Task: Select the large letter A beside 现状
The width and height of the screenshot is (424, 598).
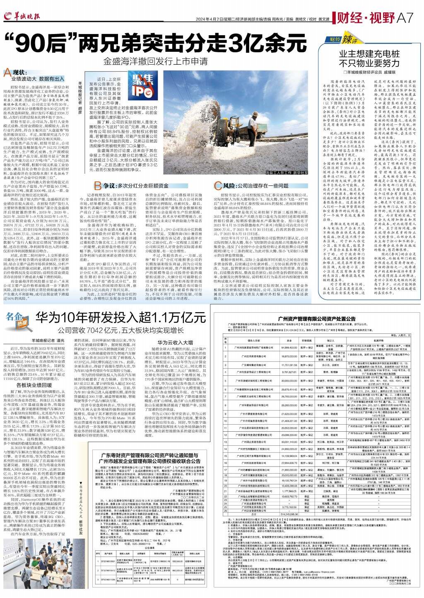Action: (x=7, y=74)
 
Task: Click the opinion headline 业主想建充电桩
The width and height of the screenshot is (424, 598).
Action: (x=369, y=54)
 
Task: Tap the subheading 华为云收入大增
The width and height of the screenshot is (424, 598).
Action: (x=176, y=343)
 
